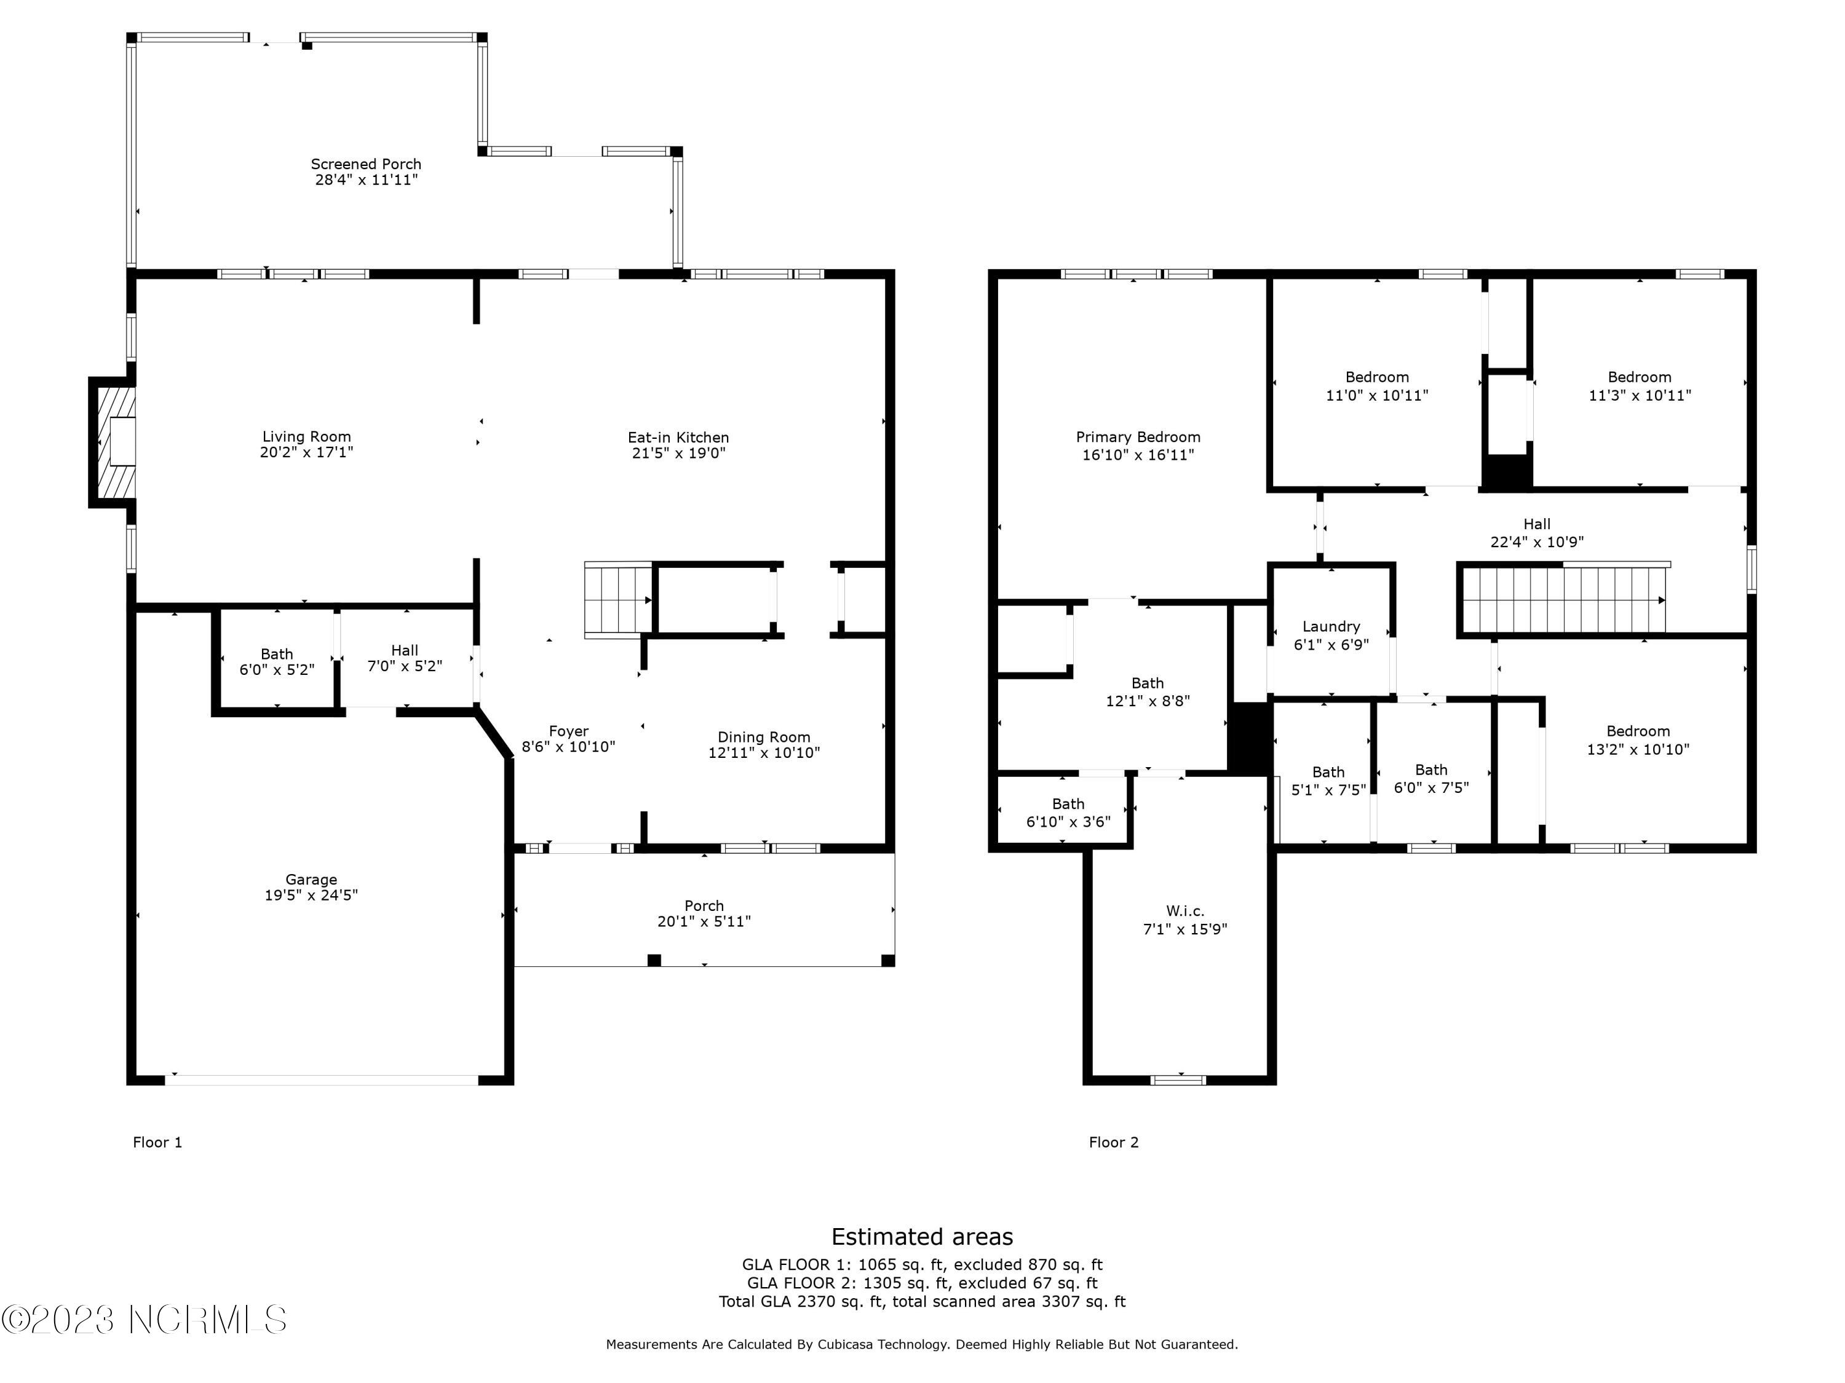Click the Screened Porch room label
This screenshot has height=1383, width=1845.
[x=366, y=164]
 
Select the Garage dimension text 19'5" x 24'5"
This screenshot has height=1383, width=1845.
[x=311, y=896]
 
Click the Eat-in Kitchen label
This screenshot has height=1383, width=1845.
[x=678, y=438]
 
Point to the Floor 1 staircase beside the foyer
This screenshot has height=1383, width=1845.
[x=618, y=600]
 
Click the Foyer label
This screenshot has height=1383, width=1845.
[x=569, y=731]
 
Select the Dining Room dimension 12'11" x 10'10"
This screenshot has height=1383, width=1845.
[x=764, y=753]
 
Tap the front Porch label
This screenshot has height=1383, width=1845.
[x=704, y=905]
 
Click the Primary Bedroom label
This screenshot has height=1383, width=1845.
[x=1138, y=437]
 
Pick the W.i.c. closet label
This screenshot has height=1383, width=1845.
[x=1184, y=911]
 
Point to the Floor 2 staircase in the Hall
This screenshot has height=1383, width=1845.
[x=1564, y=600]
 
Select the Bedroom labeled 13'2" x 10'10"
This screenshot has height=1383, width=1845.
[x=1637, y=740]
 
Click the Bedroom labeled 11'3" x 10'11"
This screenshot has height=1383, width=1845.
[x=1639, y=386]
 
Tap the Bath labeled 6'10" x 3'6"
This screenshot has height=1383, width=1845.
[x=1068, y=813]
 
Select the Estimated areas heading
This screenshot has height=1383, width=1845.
[x=922, y=1236]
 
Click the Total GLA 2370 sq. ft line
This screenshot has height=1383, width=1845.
[x=922, y=1301]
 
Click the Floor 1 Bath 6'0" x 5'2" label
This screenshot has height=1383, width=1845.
[x=277, y=662]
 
